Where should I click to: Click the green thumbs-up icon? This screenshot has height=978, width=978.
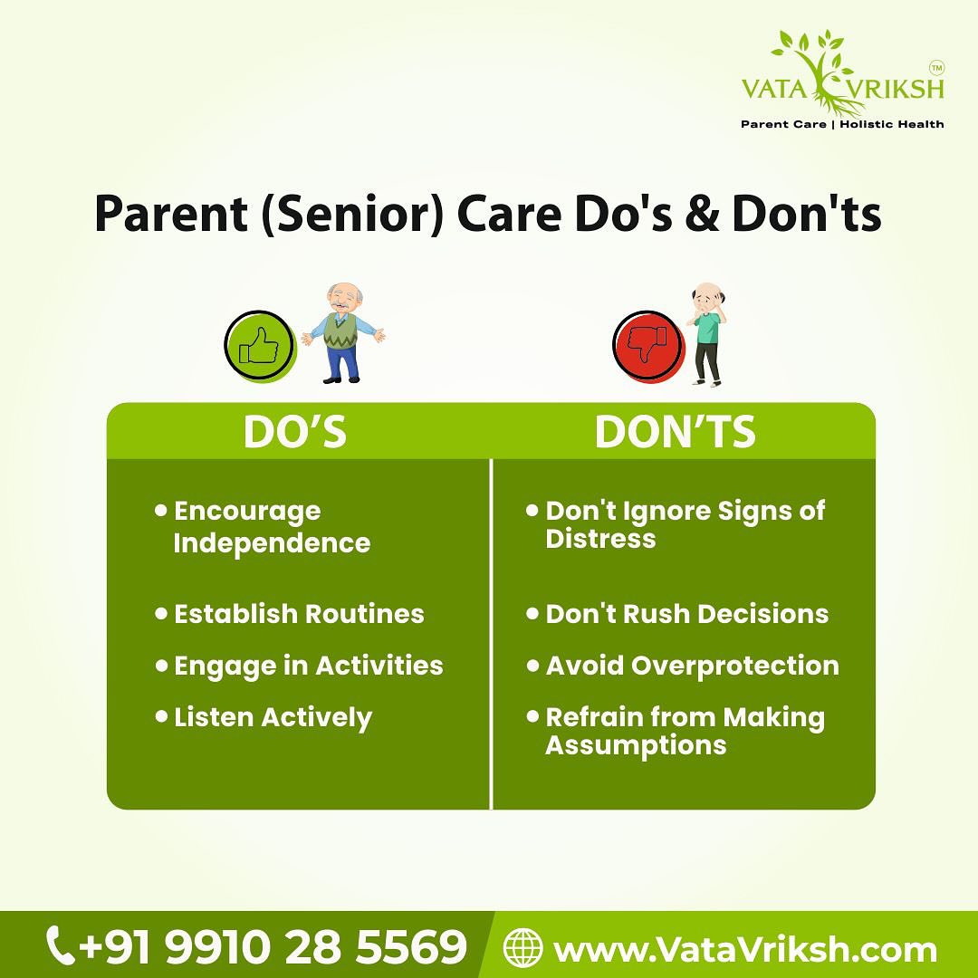[x=260, y=346]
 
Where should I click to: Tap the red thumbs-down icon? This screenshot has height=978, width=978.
[x=648, y=346]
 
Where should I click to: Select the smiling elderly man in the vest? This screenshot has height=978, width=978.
[x=342, y=333]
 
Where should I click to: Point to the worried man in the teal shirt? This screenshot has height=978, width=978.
[x=707, y=335]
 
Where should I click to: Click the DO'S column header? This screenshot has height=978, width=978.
[x=295, y=431]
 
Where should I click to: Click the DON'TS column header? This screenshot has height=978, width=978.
[x=675, y=431]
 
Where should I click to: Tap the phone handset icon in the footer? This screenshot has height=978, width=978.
[x=61, y=945]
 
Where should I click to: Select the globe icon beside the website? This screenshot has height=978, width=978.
[x=523, y=947]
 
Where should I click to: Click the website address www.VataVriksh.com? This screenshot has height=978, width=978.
[x=744, y=949]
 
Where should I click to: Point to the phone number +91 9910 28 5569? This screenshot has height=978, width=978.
[x=273, y=946]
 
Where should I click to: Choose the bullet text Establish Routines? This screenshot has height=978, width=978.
[x=299, y=614]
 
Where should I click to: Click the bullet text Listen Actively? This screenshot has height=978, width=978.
[x=273, y=718]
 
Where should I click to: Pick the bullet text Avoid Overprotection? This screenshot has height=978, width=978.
[x=693, y=666]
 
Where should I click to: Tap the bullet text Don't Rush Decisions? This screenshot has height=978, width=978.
[x=686, y=614]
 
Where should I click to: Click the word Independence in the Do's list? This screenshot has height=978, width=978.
[x=272, y=543]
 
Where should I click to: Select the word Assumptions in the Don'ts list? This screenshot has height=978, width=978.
[x=637, y=746]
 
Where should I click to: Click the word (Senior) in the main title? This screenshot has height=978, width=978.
[x=352, y=214]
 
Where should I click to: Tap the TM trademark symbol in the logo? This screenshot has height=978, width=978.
[x=936, y=67]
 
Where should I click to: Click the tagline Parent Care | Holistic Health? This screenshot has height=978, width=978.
[x=842, y=124]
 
